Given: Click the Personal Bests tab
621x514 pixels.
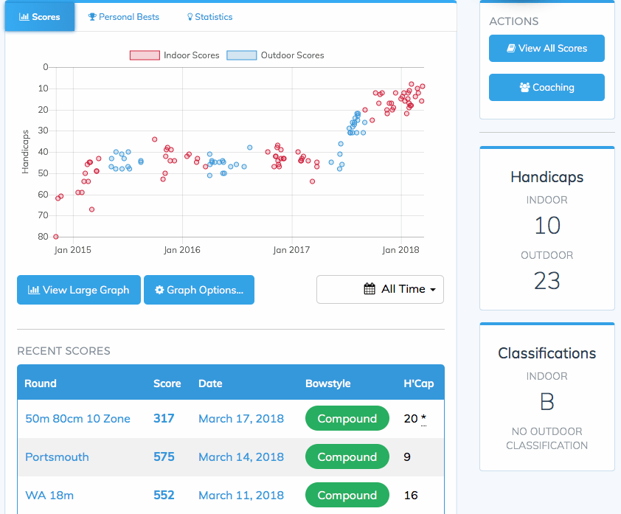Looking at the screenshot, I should pyautogui.click(x=123, y=17).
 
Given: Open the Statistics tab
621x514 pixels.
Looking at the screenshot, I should pyautogui.click(x=209, y=17).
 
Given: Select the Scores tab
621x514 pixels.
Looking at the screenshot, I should pyautogui.click(x=40, y=17).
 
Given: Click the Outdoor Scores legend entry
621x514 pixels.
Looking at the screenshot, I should pyautogui.click(x=275, y=55).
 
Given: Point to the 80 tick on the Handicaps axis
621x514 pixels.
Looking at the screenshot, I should pyautogui.click(x=44, y=237).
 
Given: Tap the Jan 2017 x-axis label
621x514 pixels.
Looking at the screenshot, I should pyautogui.click(x=291, y=250).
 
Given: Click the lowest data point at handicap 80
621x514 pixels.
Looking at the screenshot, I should pyautogui.click(x=56, y=237).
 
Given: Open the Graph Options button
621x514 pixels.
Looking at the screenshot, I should pyautogui.click(x=198, y=290).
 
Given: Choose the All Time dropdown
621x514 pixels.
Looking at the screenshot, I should pyautogui.click(x=380, y=289).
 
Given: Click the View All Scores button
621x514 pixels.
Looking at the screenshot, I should pyautogui.click(x=547, y=49).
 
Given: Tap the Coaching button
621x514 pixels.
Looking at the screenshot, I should pyautogui.click(x=547, y=87).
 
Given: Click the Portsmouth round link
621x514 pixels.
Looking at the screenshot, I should pyautogui.click(x=57, y=457).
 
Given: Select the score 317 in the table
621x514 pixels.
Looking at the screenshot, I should pyautogui.click(x=164, y=419).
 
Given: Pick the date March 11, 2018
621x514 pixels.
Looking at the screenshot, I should pyautogui.click(x=240, y=496).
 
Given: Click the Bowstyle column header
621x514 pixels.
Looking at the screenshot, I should pyautogui.click(x=327, y=383).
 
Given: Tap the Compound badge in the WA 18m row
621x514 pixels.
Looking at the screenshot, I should pyautogui.click(x=347, y=496).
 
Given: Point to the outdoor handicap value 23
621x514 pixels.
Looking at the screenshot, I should pyautogui.click(x=547, y=281).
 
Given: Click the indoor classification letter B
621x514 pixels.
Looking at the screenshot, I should pyautogui.click(x=547, y=402).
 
